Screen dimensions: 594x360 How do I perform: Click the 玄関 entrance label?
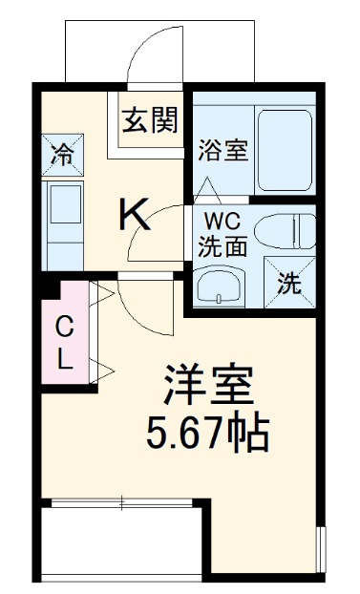pyautogui.click(x=151, y=120)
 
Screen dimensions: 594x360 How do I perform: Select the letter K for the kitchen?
pyautogui.click(x=136, y=215)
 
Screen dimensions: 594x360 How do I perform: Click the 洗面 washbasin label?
pyautogui.click(x=222, y=244)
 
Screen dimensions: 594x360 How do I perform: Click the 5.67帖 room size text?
pyautogui.click(x=207, y=436)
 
